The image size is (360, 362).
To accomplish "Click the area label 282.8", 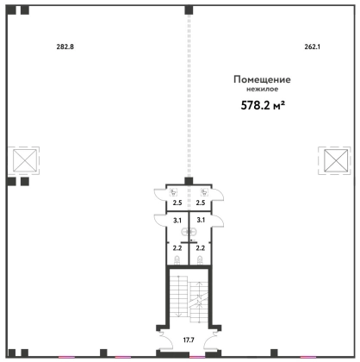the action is [x=65, y=47].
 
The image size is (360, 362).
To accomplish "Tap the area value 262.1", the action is [x=313, y=47].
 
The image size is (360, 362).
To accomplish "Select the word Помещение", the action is [x=262, y=79].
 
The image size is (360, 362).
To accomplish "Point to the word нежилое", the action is [x=263, y=89].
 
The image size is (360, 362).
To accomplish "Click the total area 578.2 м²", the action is [x=263, y=105].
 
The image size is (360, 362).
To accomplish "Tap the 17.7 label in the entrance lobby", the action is [x=189, y=340].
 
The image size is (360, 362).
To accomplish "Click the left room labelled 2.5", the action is [x=177, y=203].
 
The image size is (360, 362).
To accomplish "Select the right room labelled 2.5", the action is [x=201, y=203].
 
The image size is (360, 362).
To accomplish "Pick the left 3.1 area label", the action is [x=177, y=221].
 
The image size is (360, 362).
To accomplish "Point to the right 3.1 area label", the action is [x=201, y=220].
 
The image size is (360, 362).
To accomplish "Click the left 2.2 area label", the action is [x=177, y=247].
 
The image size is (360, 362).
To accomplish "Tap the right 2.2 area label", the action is [x=201, y=247].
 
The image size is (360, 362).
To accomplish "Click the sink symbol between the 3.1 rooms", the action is [x=189, y=231].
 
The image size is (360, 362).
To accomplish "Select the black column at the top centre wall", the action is [x=189, y=10].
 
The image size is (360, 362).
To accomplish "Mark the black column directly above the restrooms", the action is [x=189, y=181].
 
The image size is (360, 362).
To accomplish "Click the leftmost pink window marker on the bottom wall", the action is [x=66, y=357].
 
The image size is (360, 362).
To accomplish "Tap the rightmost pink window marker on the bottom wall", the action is [x=308, y=357].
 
